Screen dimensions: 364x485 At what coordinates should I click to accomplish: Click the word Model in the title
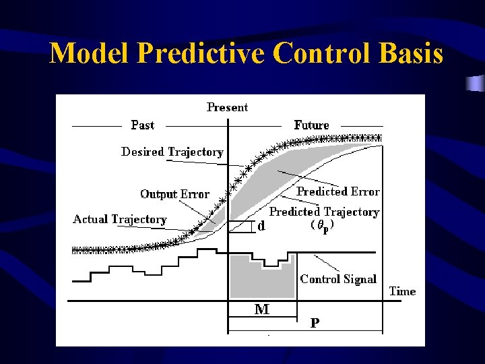click(x=87, y=53)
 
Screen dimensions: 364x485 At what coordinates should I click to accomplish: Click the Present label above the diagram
click(x=227, y=107)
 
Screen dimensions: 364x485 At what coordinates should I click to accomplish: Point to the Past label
click(x=142, y=125)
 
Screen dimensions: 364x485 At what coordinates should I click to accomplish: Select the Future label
click(x=311, y=125)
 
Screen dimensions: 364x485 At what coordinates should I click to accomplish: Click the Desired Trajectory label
click(x=172, y=152)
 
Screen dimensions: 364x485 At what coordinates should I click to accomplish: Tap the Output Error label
click(x=174, y=194)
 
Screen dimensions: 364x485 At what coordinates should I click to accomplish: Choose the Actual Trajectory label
click(x=119, y=219)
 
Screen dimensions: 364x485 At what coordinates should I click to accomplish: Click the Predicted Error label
click(x=338, y=192)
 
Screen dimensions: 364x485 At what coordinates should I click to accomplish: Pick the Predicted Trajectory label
click(x=324, y=212)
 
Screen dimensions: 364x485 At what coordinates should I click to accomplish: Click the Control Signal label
click(x=338, y=278)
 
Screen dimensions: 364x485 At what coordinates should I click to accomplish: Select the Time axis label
click(x=402, y=291)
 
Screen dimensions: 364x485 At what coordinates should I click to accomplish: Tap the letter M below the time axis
click(x=261, y=309)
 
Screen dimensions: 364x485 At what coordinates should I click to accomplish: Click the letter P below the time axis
click(x=315, y=323)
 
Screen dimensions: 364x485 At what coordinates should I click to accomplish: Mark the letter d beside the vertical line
click(x=261, y=226)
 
